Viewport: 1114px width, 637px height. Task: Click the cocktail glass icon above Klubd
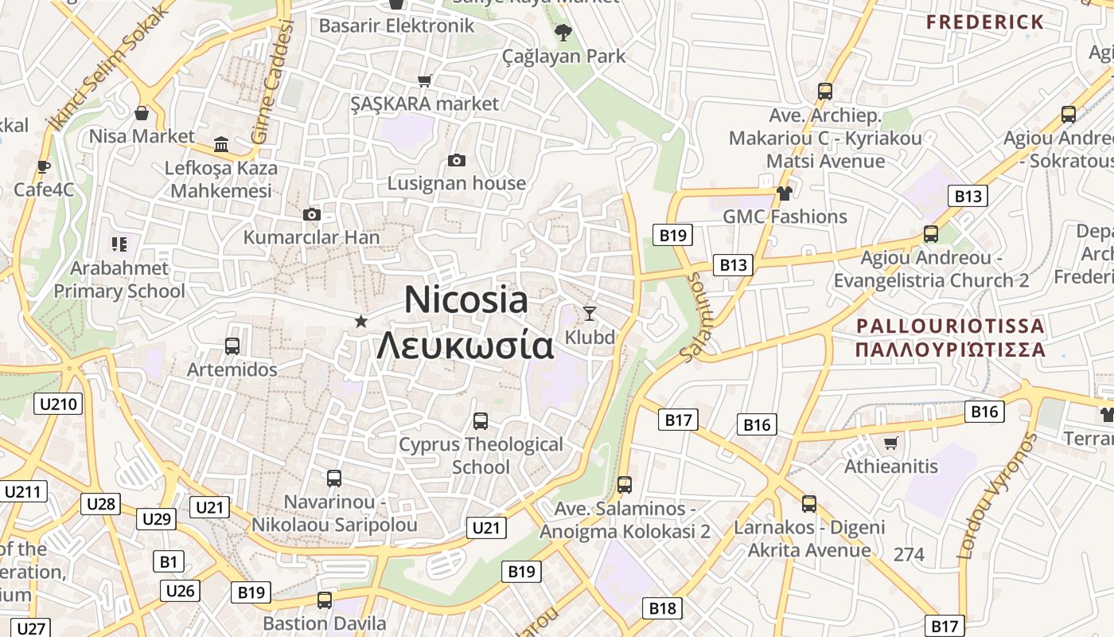click(x=590, y=313)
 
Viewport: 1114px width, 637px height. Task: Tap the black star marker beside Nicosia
click(x=361, y=321)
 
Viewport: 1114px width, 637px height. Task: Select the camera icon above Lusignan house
click(x=457, y=160)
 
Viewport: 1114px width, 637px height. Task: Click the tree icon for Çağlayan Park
click(x=563, y=33)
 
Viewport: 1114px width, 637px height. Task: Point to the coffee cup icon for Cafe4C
click(x=44, y=166)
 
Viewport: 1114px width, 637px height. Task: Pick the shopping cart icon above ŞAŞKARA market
click(x=425, y=80)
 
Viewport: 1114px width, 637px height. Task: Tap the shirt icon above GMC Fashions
click(x=785, y=193)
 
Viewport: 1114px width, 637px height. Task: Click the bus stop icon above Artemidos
click(x=232, y=346)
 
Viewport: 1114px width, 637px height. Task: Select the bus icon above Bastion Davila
click(x=325, y=600)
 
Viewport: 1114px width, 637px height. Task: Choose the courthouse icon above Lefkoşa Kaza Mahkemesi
click(x=221, y=144)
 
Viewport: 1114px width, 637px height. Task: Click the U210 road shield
click(x=58, y=404)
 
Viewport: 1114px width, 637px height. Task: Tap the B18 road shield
click(x=662, y=608)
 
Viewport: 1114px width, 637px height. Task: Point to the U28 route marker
click(x=100, y=503)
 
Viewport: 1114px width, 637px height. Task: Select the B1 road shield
click(x=168, y=561)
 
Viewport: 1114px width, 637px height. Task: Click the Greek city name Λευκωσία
click(x=465, y=346)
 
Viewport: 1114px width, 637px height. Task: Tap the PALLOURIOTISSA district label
click(x=950, y=326)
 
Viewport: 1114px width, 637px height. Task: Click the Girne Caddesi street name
click(x=272, y=84)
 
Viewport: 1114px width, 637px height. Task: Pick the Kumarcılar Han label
click(x=311, y=237)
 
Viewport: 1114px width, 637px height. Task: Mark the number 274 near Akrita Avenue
click(x=909, y=554)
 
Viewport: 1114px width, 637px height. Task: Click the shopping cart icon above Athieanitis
click(x=891, y=443)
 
